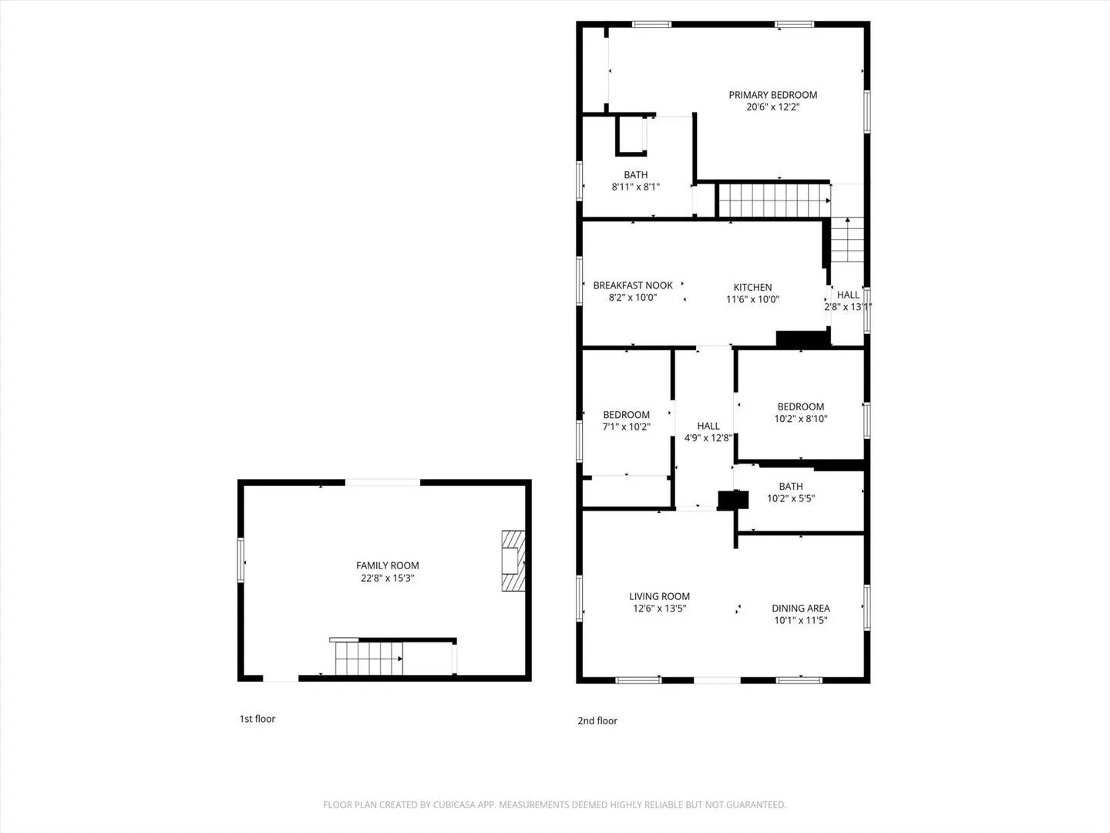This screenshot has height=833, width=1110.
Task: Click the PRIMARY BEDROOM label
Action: click(772, 95)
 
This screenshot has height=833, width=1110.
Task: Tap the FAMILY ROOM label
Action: click(388, 565)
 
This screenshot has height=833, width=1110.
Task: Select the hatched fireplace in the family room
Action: click(513, 561)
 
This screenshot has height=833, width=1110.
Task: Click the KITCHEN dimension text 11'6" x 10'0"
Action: click(752, 299)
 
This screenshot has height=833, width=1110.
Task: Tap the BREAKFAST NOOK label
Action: click(633, 285)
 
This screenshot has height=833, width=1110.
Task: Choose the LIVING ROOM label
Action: click(659, 596)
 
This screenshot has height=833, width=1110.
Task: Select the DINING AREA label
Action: click(801, 608)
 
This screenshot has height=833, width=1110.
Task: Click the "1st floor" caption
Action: click(257, 719)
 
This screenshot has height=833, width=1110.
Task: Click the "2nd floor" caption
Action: click(597, 720)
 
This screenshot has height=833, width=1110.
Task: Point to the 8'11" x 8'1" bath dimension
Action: click(636, 187)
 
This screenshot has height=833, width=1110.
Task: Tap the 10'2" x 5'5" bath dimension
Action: click(791, 498)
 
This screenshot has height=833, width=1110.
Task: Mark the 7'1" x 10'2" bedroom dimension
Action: click(626, 427)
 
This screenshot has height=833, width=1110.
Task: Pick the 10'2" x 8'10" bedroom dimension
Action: click(801, 418)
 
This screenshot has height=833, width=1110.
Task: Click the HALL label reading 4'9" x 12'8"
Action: click(708, 426)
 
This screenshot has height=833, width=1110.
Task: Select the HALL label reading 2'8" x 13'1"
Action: click(848, 295)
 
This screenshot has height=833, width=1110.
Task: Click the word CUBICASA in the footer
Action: click(454, 804)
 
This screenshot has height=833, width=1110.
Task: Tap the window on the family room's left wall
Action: click(240, 560)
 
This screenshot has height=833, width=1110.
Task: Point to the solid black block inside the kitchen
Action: click(802, 339)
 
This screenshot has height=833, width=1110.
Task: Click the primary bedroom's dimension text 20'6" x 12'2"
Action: click(772, 106)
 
